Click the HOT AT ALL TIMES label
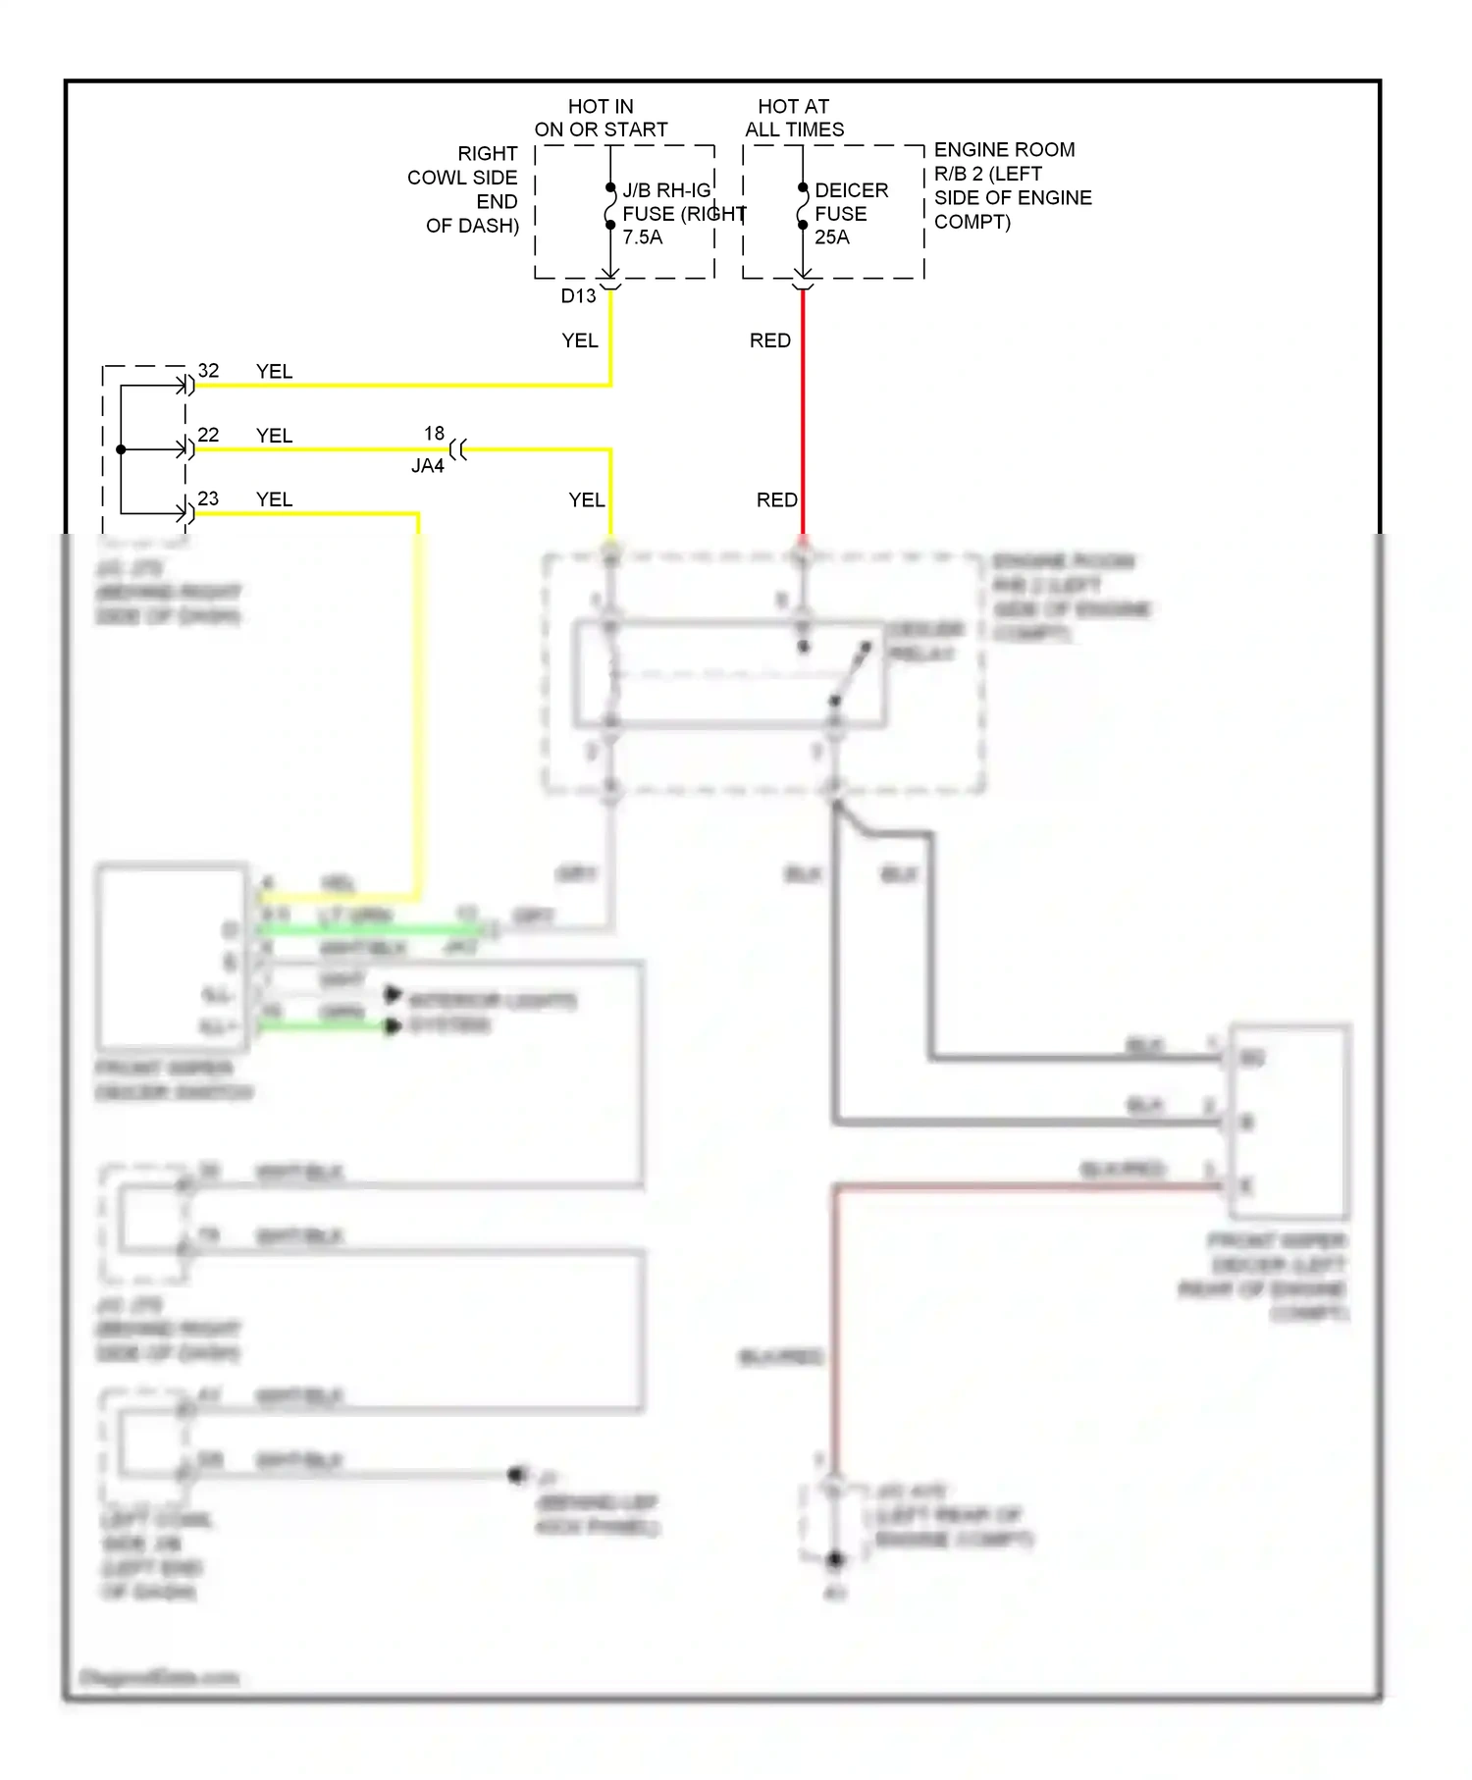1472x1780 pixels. click(x=794, y=118)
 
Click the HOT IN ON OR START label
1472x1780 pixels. click(x=601, y=118)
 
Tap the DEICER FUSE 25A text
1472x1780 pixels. click(x=850, y=213)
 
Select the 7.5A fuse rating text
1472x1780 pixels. click(x=642, y=237)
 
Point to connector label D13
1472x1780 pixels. click(x=578, y=296)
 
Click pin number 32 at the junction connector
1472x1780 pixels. click(x=208, y=371)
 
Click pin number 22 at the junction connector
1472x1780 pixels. click(x=208, y=435)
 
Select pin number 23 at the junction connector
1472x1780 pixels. click(x=208, y=498)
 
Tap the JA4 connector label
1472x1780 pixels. click(x=428, y=466)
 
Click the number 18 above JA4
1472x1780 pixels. click(x=434, y=433)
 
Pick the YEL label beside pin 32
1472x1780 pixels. click(x=274, y=372)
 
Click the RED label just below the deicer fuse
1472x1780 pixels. click(x=769, y=340)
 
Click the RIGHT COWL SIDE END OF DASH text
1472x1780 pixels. click(x=464, y=189)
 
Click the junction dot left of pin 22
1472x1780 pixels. click(x=121, y=449)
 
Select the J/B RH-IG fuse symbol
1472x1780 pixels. click(x=609, y=206)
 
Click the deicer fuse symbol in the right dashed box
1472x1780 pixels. click(x=802, y=206)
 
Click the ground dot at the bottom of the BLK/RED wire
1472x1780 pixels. click(x=835, y=1559)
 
